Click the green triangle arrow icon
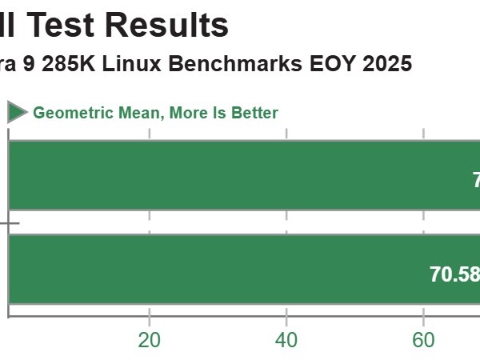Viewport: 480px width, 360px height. click(x=17, y=112)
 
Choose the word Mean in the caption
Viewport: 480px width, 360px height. click(x=138, y=113)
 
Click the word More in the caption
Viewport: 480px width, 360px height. click(x=187, y=113)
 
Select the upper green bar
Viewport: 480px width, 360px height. click(x=240, y=175)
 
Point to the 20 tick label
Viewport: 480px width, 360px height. click(x=149, y=340)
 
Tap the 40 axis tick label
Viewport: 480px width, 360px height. click(x=286, y=340)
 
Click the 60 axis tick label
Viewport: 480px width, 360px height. click(x=423, y=340)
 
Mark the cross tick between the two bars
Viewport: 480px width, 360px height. click(x=9, y=223)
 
